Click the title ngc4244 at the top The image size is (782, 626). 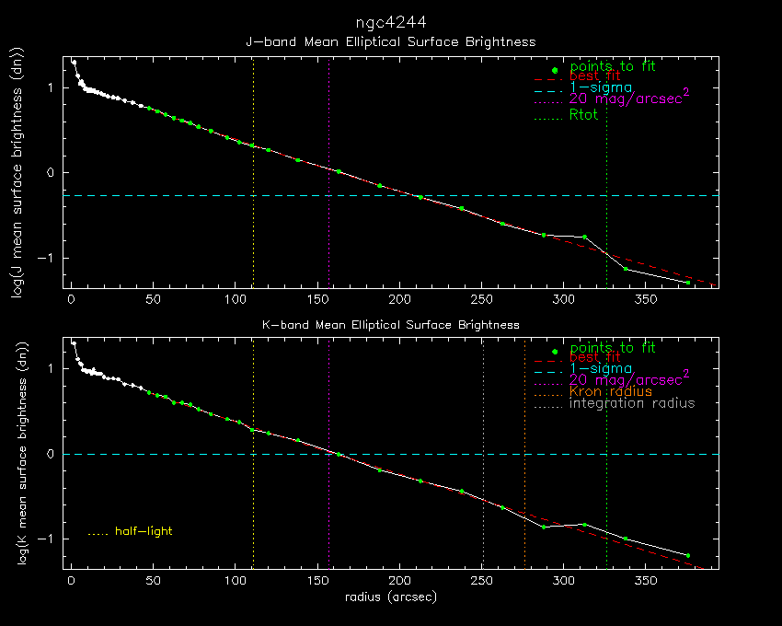point(390,21)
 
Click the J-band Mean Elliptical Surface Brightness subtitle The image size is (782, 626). point(390,42)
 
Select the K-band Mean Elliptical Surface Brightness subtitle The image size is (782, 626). point(391,325)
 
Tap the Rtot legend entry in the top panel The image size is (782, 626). point(583,115)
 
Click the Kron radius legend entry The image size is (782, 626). point(611,391)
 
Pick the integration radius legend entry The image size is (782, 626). point(632,403)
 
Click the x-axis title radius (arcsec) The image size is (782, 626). point(390,597)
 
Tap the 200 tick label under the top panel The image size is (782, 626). point(398,300)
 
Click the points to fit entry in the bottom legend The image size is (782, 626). point(612,348)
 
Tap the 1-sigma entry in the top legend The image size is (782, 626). point(602,87)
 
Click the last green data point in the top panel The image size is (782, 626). point(687,283)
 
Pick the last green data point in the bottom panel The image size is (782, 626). point(687,556)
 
